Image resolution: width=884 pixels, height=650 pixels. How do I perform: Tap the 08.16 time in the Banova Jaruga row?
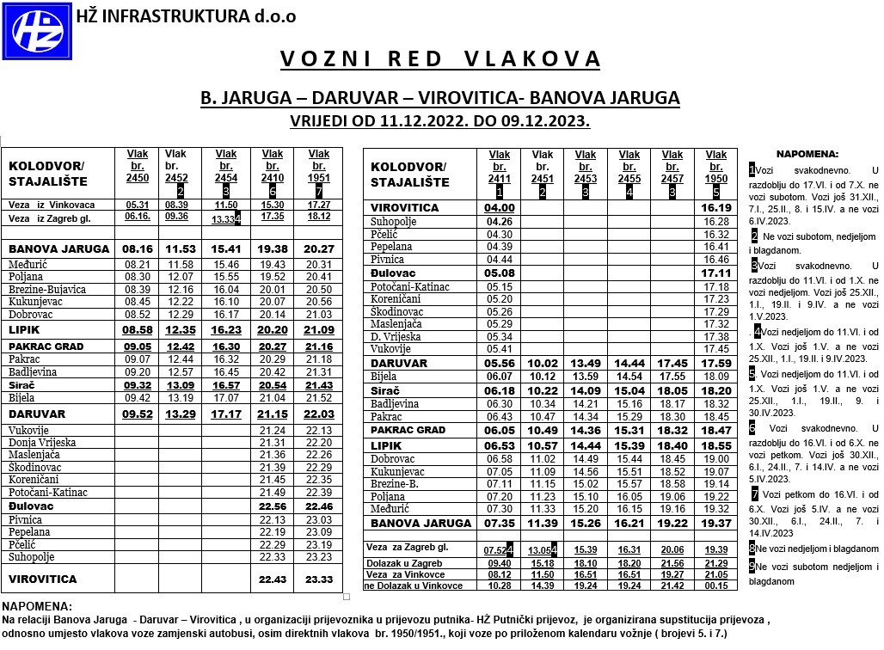coord(138,248)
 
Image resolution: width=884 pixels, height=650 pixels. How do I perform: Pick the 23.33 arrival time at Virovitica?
coord(318,579)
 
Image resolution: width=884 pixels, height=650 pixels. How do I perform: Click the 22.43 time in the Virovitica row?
coord(272,579)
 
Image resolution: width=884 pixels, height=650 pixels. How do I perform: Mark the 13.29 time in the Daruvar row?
coord(181,414)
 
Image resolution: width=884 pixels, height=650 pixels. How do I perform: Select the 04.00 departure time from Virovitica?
coord(500,208)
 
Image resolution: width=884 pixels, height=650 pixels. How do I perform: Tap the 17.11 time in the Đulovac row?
coord(715,273)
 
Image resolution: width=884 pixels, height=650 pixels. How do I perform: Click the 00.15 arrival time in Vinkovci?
coord(715,586)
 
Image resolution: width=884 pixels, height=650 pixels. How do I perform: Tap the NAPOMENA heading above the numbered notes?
coord(807,154)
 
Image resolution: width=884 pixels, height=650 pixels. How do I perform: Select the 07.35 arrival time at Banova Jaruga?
coord(500,523)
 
